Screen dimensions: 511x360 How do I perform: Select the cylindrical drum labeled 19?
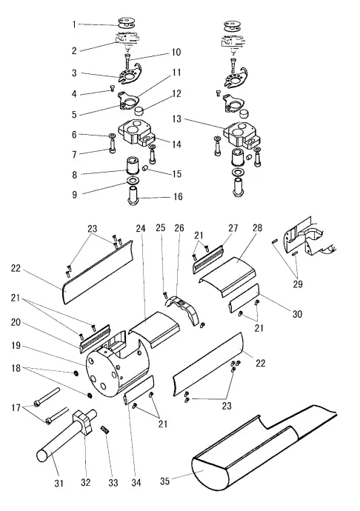(x=111, y=374)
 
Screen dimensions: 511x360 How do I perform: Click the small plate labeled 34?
(x=138, y=390)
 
